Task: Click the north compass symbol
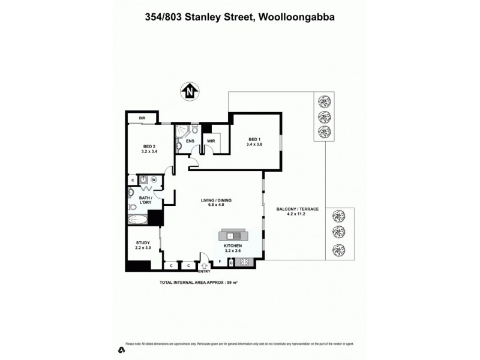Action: (190, 92)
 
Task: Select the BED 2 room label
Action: (149, 148)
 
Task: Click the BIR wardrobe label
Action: (143, 118)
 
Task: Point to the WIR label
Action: (211, 142)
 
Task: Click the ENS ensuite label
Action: (190, 142)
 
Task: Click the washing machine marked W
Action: (154, 179)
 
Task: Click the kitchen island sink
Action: (230, 236)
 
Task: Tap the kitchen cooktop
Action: (244, 262)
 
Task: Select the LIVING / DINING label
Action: (216, 202)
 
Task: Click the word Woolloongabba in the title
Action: (296, 17)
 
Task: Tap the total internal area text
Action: (199, 281)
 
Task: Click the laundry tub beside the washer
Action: (144, 179)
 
